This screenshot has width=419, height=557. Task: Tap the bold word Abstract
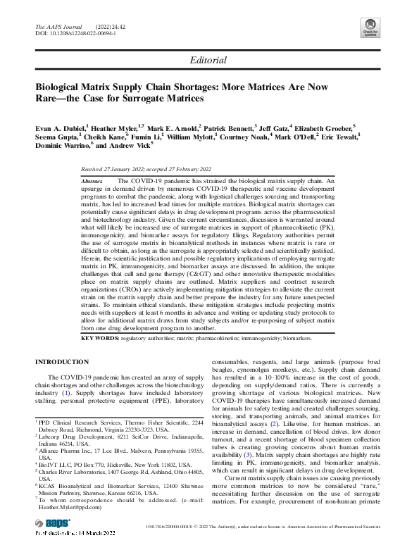[x=92, y=181]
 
